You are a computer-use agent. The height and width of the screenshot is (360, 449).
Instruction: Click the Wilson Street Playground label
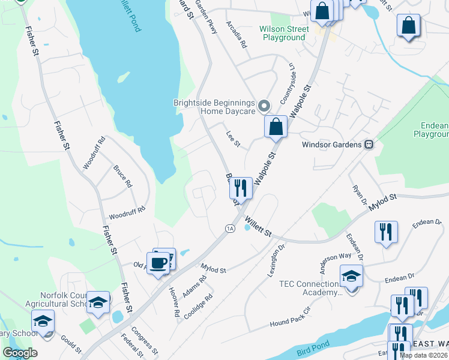pos(283,33)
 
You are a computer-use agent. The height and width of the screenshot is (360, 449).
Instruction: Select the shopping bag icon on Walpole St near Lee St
pos(276,127)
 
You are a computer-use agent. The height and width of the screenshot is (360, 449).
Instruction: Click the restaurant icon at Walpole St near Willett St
pos(240,188)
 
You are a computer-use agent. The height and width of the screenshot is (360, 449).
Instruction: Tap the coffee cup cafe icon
pos(159,263)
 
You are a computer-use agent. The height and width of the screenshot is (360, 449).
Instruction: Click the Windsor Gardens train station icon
pos(369,145)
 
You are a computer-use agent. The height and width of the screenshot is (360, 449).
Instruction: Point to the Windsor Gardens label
pos(331,145)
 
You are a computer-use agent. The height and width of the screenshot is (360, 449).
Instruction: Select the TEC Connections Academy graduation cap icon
pos(351,276)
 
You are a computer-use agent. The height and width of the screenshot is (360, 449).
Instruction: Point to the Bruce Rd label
pos(122,176)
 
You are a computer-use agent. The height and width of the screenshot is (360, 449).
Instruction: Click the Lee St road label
pos(233,139)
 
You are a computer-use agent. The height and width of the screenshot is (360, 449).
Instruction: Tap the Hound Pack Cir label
pos(289,316)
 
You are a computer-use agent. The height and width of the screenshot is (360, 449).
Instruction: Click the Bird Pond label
pos(313,350)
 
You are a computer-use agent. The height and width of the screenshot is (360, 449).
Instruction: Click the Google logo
pos(20,353)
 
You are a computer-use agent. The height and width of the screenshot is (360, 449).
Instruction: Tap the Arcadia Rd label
pos(237,35)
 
